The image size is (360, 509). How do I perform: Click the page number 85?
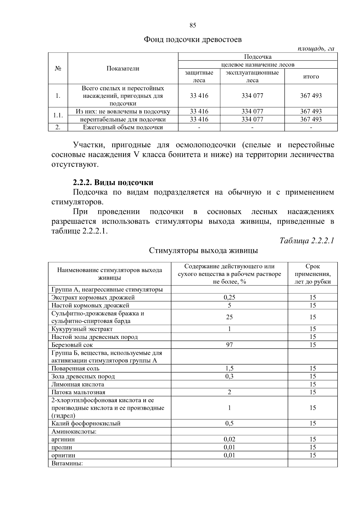(x=193, y=25)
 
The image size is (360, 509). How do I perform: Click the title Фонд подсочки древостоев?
(x=193, y=40)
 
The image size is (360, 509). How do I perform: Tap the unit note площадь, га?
(x=316, y=49)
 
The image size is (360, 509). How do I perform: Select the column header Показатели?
(x=123, y=68)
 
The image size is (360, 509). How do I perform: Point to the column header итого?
(x=311, y=76)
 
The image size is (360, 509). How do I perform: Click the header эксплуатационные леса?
(x=252, y=76)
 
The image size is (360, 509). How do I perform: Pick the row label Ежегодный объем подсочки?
(x=123, y=127)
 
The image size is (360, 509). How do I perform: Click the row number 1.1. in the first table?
(x=58, y=115)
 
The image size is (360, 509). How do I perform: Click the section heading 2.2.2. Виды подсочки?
(x=113, y=182)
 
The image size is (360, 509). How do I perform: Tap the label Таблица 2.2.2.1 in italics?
(x=307, y=241)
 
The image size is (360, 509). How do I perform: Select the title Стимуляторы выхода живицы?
(x=204, y=250)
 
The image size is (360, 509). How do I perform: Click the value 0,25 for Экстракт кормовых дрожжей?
(x=229, y=298)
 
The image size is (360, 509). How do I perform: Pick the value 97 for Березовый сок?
(x=229, y=345)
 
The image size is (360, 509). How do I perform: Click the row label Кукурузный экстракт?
(x=82, y=329)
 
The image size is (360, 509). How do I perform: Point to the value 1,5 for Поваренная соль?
(x=229, y=369)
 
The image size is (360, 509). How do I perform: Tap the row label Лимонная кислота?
(x=78, y=384)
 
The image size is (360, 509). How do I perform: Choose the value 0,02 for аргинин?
(x=229, y=439)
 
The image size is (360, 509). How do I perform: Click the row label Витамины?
(x=67, y=463)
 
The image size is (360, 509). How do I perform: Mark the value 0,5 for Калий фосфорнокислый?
(x=229, y=424)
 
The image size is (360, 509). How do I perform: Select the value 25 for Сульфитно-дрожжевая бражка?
(x=229, y=317)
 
